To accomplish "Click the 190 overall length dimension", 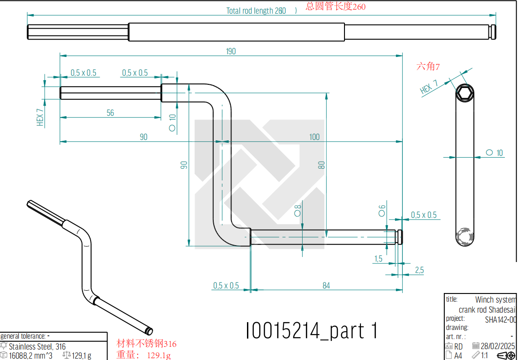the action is click(x=231, y=51).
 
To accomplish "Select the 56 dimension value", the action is click(x=110, y=113).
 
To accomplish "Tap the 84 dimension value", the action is click(x=326, y=285).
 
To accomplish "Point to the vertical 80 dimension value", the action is click(x=321, y=165).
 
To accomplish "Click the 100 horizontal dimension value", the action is click(x=314, y=137).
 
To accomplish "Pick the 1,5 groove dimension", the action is click(x=378, y=259).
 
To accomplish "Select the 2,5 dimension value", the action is click(x=419, y=270).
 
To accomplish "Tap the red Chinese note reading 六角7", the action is click(x=428, y=67).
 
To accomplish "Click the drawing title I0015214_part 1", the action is click(x=311, y=330).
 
